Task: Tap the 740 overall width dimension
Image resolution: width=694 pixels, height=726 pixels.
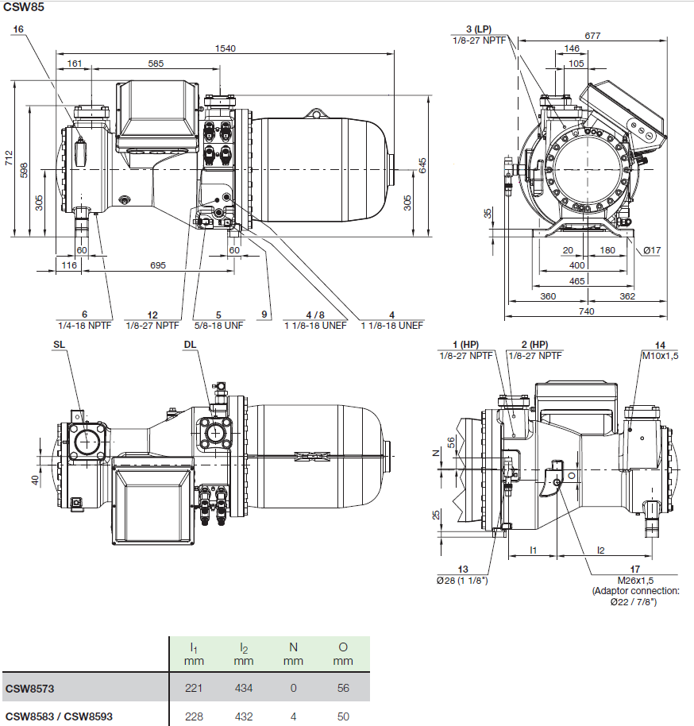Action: coord(586,311)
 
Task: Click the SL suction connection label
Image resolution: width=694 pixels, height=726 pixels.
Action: coord(60,345)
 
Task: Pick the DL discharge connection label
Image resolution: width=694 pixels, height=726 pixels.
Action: coord(190,345)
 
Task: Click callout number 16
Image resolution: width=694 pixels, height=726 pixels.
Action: coord(19,29)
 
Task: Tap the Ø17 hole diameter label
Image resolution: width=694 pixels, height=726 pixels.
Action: coord(652,251)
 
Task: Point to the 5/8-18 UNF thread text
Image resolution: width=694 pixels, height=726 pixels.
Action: coord(218,325)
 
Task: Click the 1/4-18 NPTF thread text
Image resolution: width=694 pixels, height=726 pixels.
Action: coord(85,325)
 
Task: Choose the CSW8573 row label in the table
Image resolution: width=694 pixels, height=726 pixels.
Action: coord(32,688)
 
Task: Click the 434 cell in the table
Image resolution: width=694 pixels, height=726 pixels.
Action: coord(244,688)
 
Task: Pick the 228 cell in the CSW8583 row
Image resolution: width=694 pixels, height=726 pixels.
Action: coord(194,716)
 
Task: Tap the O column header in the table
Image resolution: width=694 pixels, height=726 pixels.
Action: coord(343,647)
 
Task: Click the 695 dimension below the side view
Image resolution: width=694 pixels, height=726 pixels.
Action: coord(158,265)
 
